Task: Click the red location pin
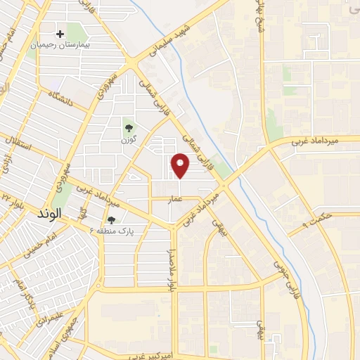pos(181,165)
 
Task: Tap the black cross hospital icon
pos(60,33)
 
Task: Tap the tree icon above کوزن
pos(128,127)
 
